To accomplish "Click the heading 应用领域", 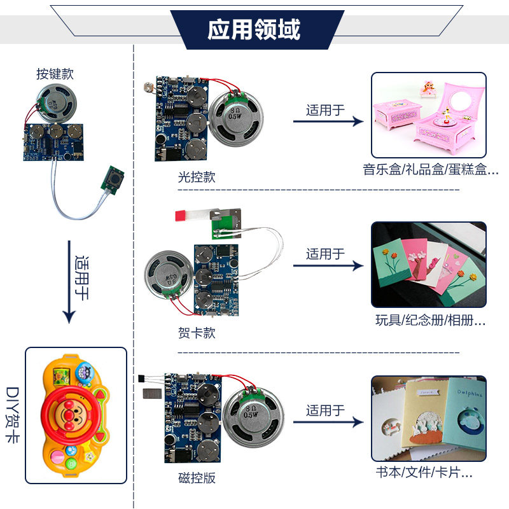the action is tap(254, 29).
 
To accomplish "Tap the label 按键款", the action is tap(55, 74).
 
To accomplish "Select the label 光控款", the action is tap(197, 177).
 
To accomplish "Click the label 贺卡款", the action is tap(197, 332).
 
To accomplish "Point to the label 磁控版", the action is tap(197, 478).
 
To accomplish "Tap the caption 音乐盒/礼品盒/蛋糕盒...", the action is tap(430, 170).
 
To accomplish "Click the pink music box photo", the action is tap(429, 115).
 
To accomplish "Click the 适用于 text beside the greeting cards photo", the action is tap(325, 254).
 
